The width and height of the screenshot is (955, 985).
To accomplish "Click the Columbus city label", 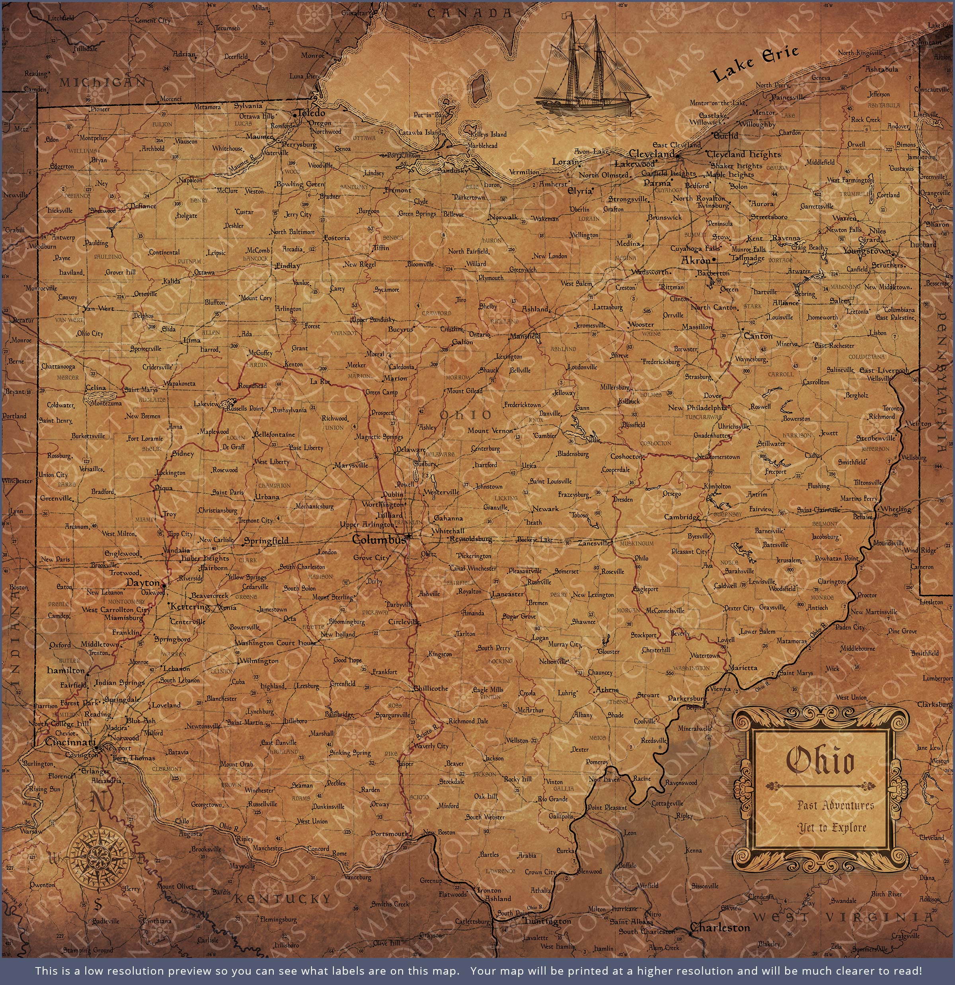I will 378,540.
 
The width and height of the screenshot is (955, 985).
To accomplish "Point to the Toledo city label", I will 311,113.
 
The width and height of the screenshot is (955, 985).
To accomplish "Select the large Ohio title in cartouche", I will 819,761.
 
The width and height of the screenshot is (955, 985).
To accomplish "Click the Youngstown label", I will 866,251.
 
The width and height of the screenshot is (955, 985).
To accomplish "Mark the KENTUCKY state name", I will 283,899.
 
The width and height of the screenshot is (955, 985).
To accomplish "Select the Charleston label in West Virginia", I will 720,928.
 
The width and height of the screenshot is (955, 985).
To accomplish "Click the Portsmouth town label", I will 389,833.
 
